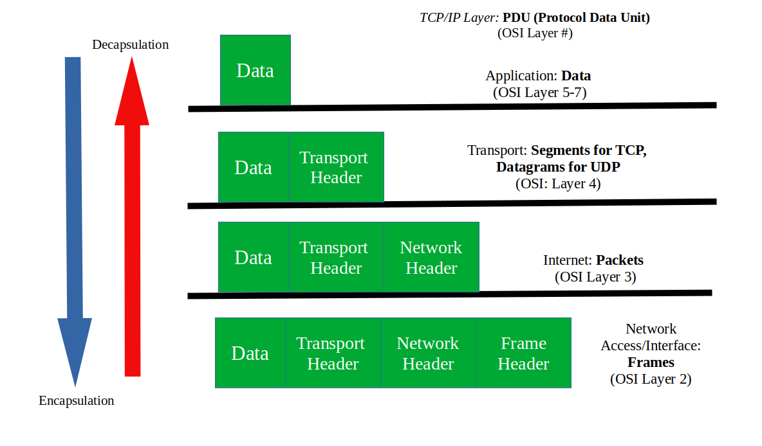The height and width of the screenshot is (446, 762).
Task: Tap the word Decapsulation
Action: pyautogui.click(x=130, y=44)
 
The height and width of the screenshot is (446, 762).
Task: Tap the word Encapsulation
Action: pyautogui.click(x=76, y=400)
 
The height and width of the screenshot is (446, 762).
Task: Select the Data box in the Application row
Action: pyautogui.click(x=255, y=70)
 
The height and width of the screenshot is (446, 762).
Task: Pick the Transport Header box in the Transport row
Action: pyautogui.click(x=335, y=167)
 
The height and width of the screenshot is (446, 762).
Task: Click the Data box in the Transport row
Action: pyautogui.click(x=253, y=168)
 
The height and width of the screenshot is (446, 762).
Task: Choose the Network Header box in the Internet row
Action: pyautogui.click(x=431, y=257)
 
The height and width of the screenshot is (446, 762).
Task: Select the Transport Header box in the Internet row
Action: pyautogui.click(x=335, y=257)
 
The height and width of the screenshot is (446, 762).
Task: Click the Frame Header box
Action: pyautogui.click(x=523, y=353)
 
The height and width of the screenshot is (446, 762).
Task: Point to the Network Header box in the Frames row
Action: pyautogui.click(x=427, y=353)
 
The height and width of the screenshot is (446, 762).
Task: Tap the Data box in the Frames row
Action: pyautogui.click(x=250, y=353)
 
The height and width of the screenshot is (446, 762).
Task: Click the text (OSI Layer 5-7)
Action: pyautogui.click(x=539, y=92)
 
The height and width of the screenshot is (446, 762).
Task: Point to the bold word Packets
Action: pyautogui.click(x=619, y=260)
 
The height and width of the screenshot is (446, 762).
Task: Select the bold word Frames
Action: pyautogui.click(x=651, y=362)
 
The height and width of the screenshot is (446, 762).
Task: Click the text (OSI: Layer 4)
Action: pyautogui.click(x=558, y=184)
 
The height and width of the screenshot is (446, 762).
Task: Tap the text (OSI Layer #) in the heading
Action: pyautogui.click(x=535, y=33)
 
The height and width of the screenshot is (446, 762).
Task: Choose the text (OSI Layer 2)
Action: pyautogui.click(x=651, y=379)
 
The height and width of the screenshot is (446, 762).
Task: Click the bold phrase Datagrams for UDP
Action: pyautogui.click(x=562, y=167)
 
